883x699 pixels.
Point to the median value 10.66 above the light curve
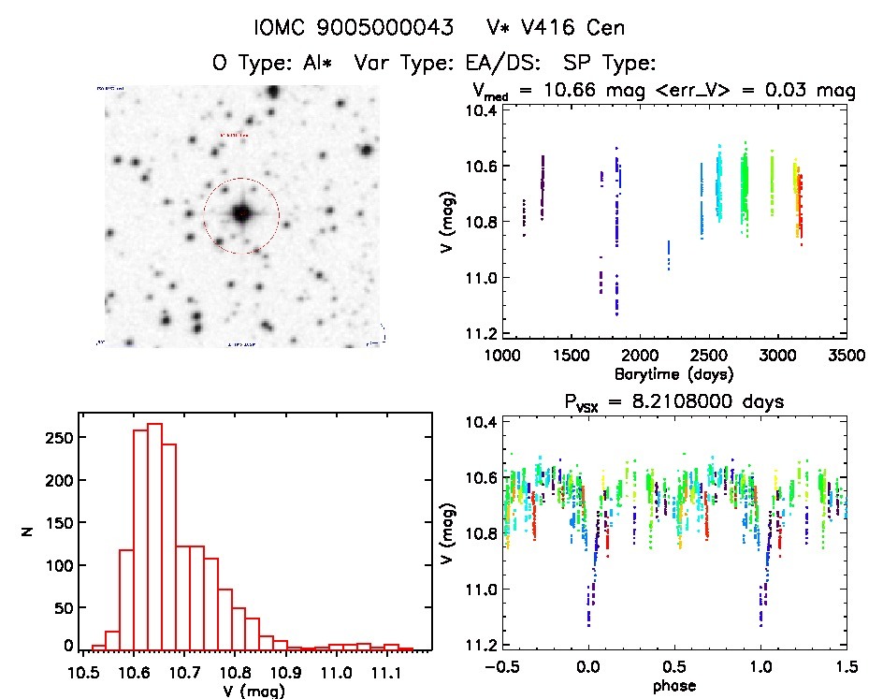570,91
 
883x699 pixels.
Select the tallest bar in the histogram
155,534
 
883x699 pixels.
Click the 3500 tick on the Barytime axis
847,357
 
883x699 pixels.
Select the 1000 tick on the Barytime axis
501,357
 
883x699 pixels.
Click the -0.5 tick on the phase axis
501,668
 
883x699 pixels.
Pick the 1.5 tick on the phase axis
847,668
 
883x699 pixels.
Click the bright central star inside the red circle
241,214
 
